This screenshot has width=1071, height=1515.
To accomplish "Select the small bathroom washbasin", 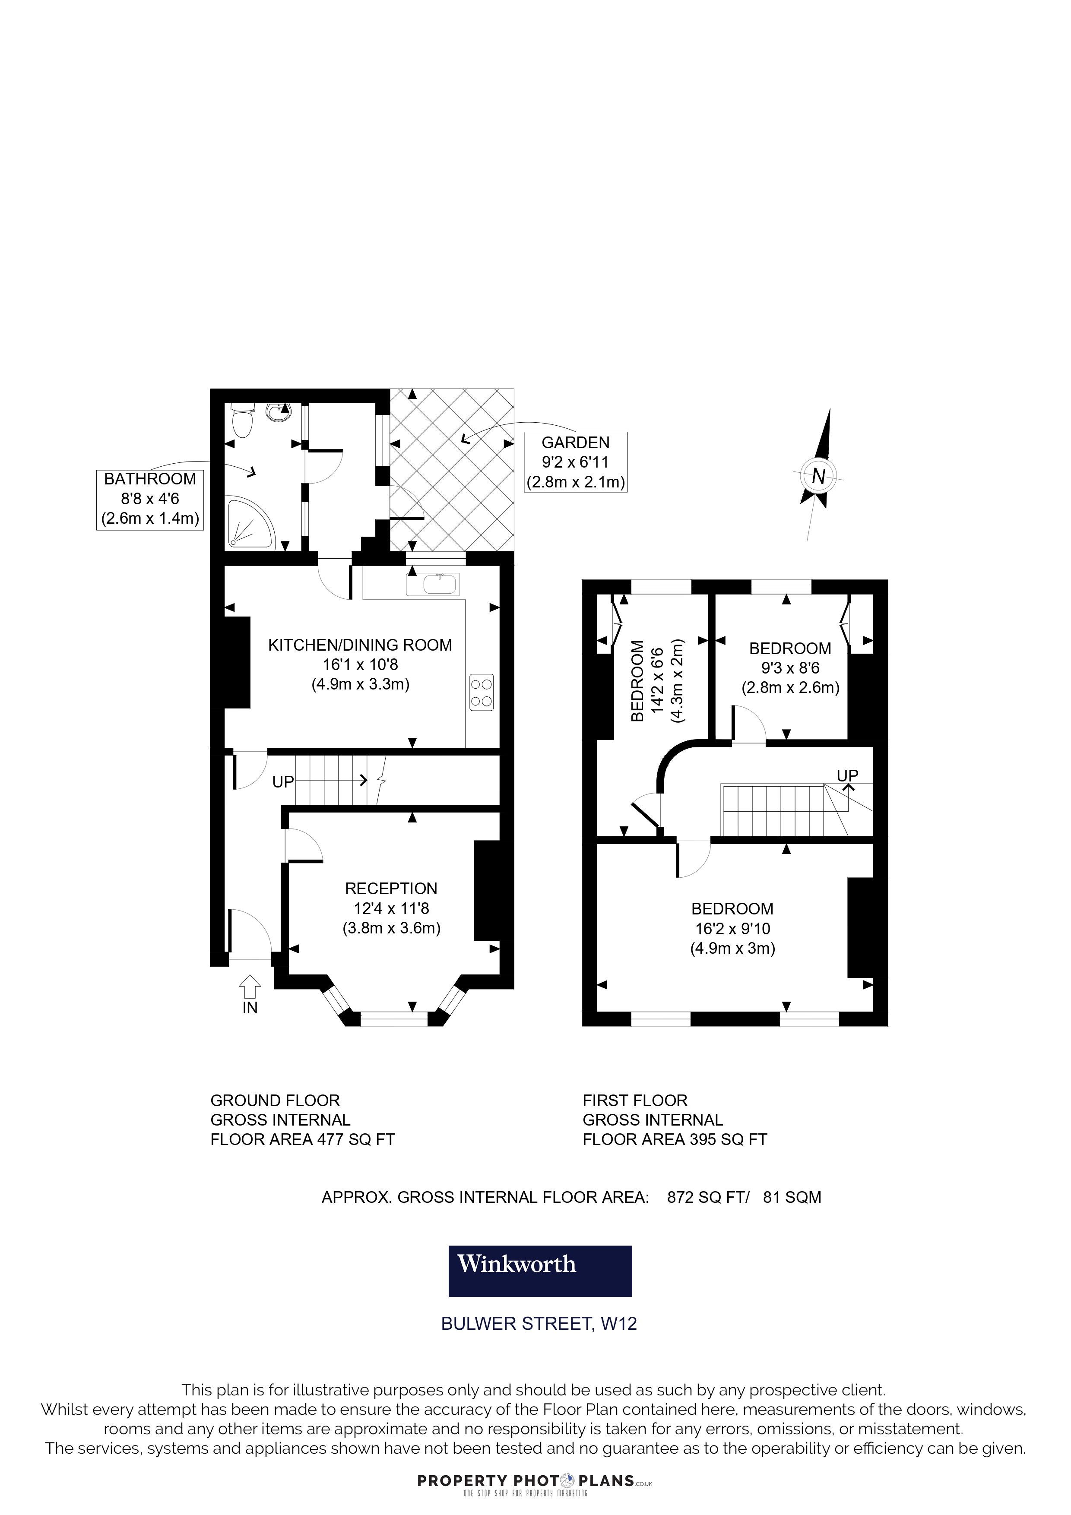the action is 277,412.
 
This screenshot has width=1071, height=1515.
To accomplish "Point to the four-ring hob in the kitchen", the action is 482,692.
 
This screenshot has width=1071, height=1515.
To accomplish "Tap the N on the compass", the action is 819,476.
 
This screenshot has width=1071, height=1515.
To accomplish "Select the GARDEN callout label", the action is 575,462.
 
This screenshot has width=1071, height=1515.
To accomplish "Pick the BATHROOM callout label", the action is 150,499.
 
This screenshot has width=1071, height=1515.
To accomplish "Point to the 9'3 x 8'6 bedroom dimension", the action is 791,668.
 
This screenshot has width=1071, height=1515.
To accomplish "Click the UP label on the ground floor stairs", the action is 283,782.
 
